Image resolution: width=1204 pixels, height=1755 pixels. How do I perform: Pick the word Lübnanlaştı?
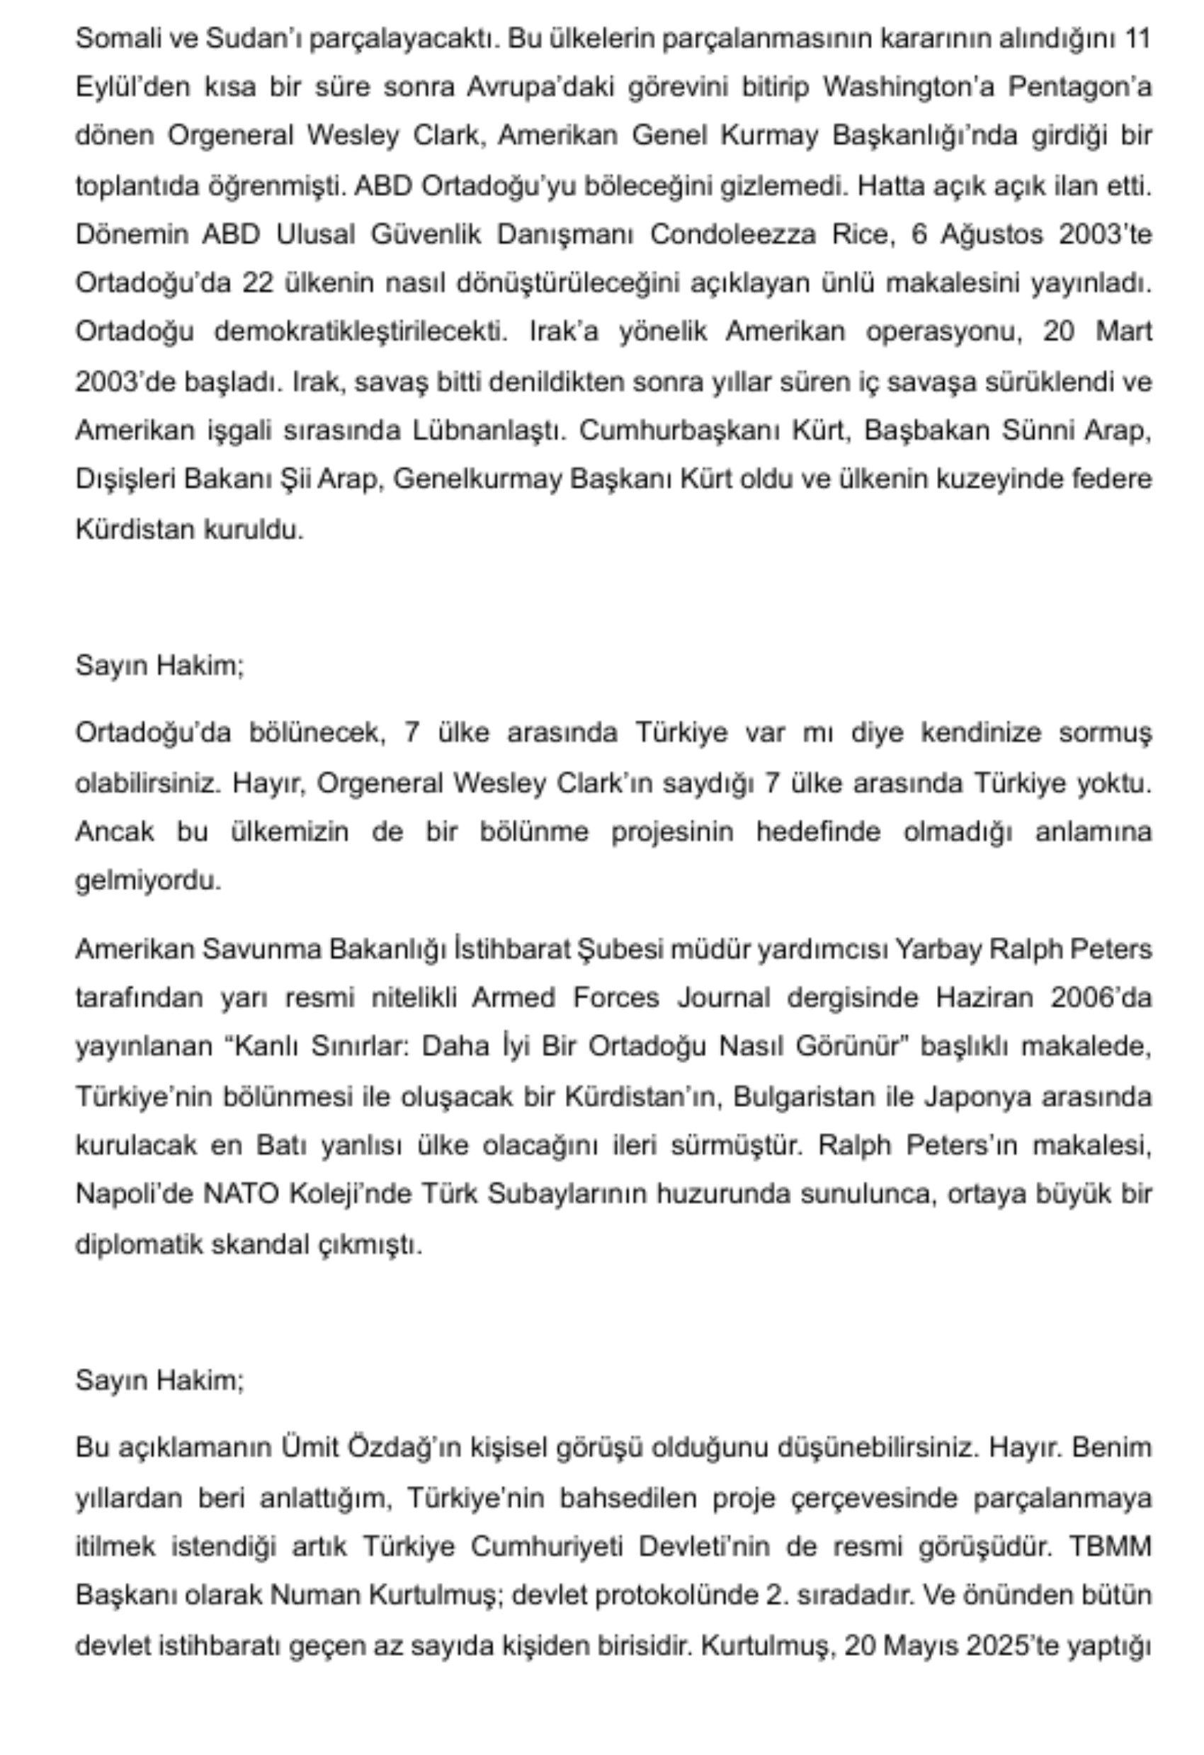click(x=489, y=430)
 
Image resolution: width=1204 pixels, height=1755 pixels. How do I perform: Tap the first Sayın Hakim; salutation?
click(x=159, y=665)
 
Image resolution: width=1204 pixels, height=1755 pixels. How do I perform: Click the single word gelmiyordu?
click(x=148, y=880)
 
